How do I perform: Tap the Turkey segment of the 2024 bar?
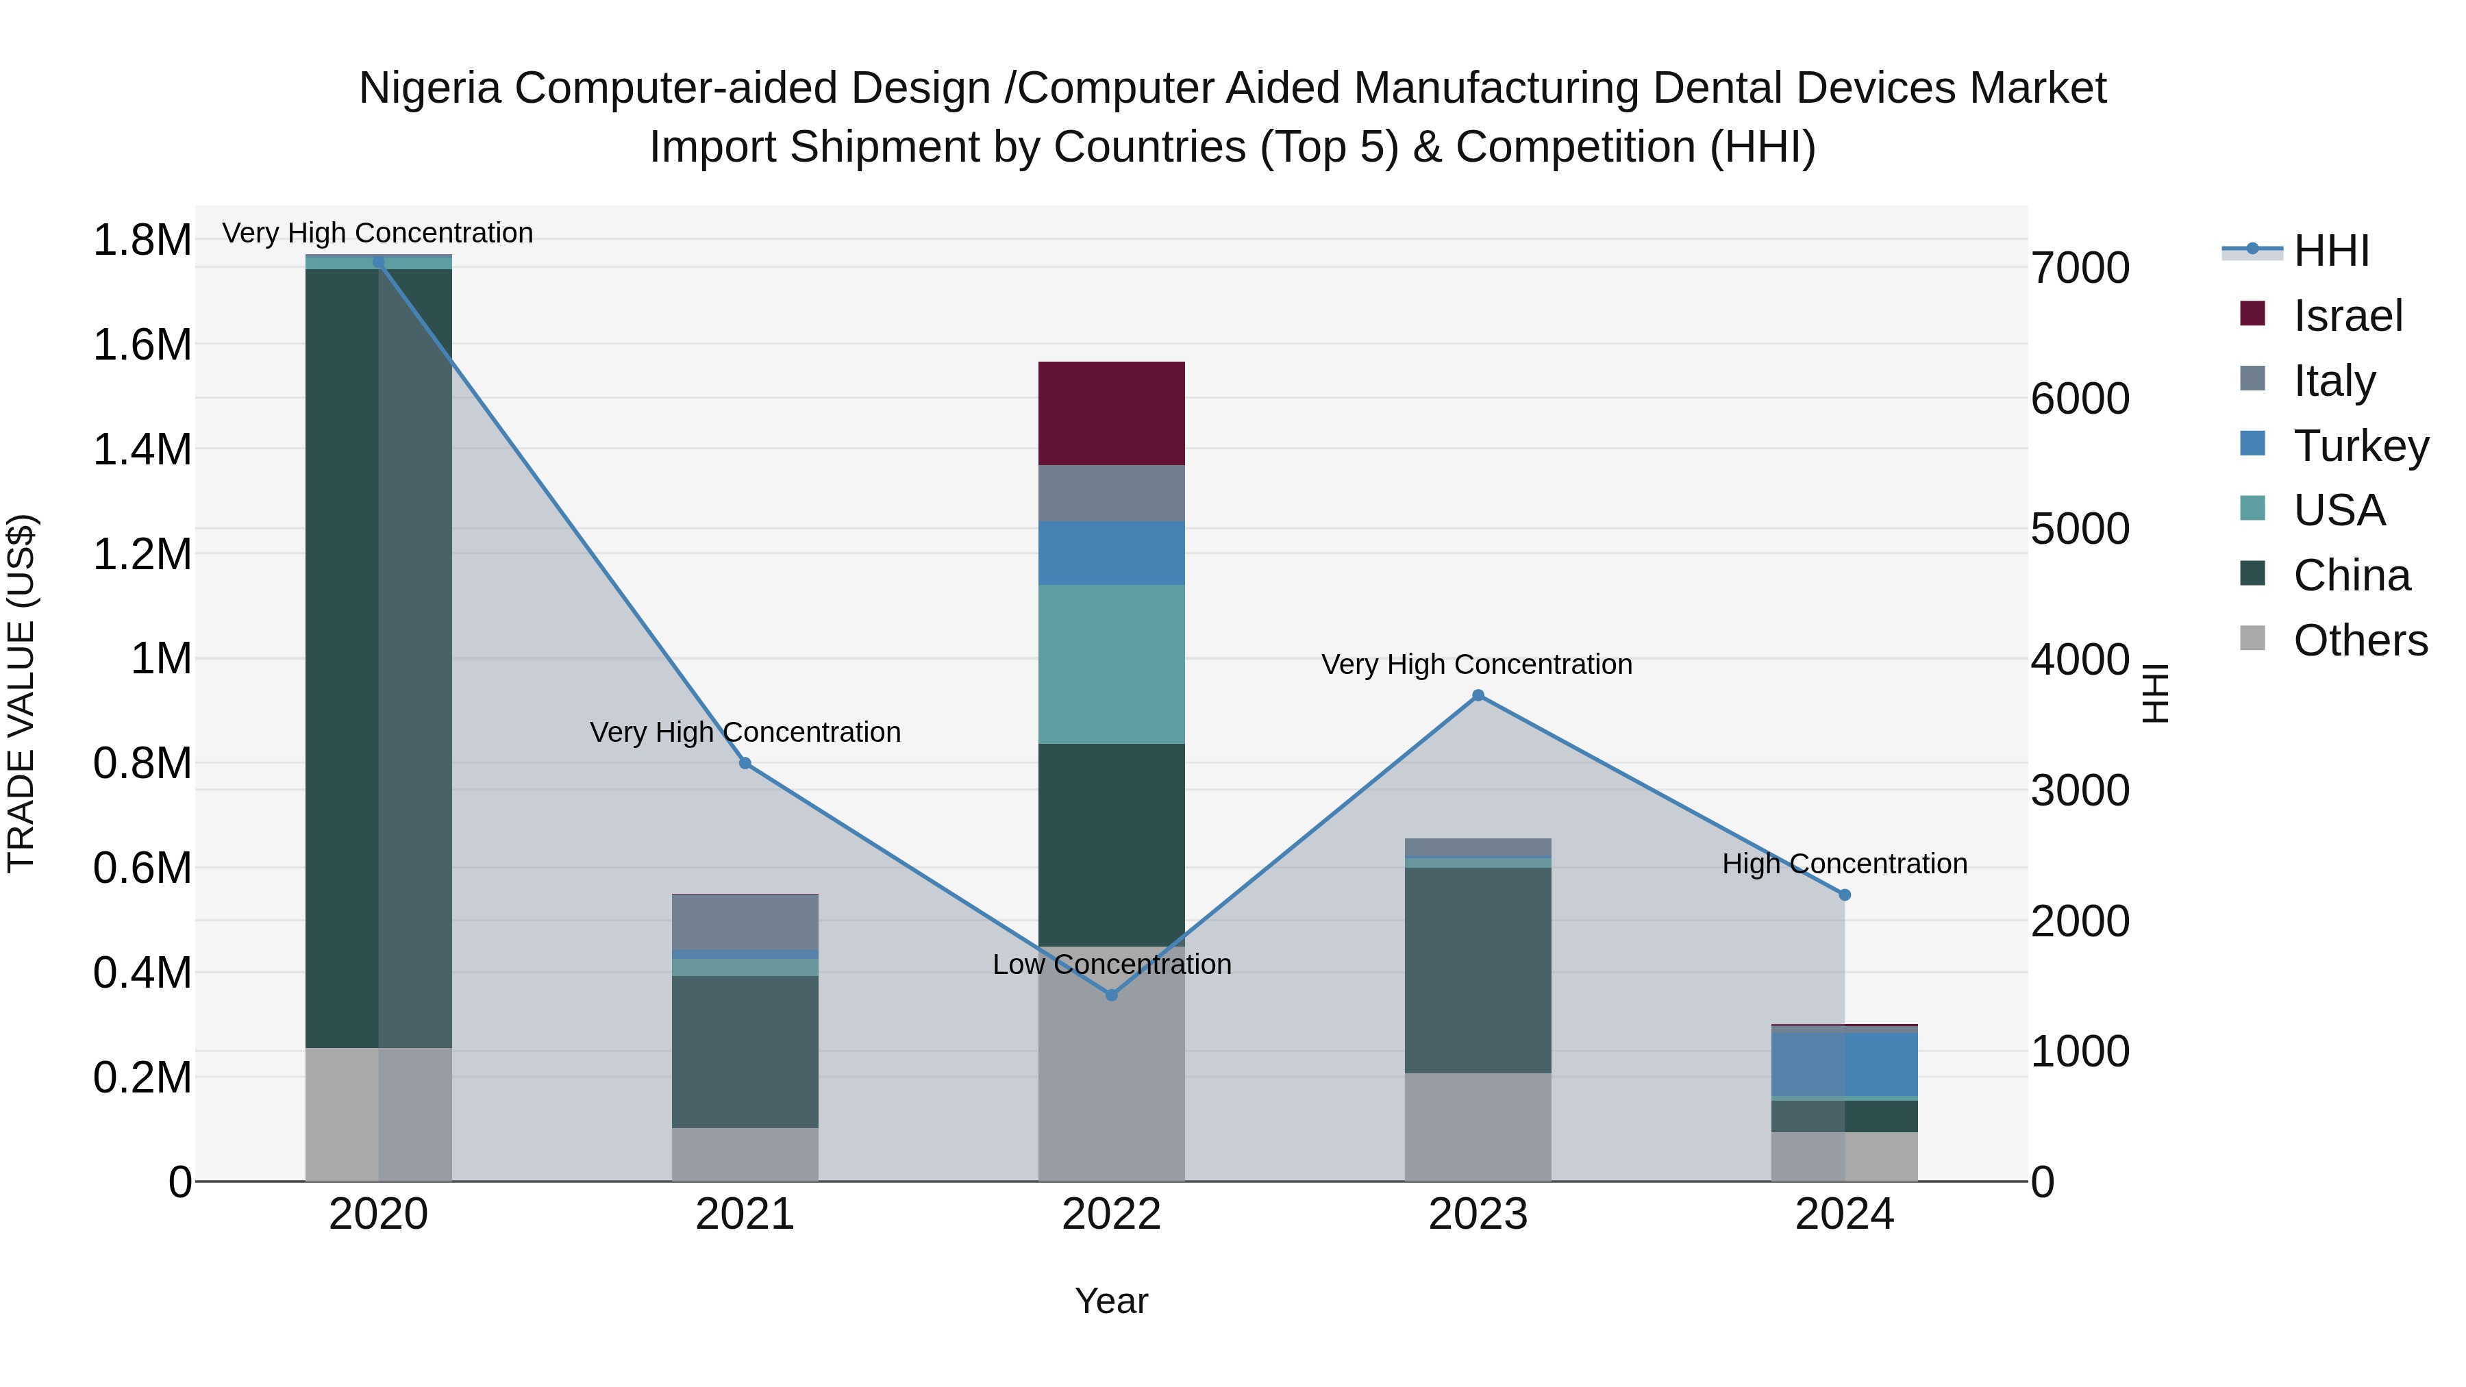coord(1844,1064)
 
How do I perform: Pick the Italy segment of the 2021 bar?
coord(745,921)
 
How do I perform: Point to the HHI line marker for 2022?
coord(1112,995)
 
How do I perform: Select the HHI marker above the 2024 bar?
coord(1845,895)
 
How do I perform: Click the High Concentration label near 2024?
coord(1844,864)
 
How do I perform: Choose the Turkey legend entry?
coord(2361,446)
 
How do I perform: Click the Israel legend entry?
coord(2347,316)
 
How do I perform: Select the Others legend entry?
coord(2360,640)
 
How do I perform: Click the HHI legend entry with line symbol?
coord(2331,251)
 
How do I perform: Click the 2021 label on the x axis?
coord(745,1214)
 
